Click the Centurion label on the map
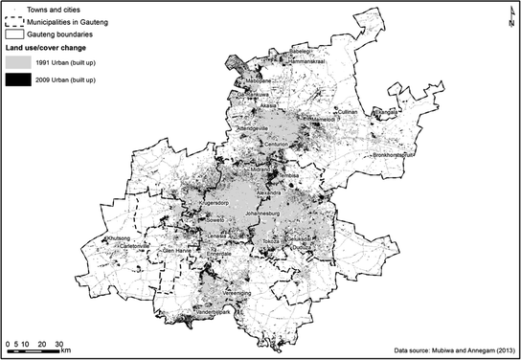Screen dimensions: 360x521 point(276,145)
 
